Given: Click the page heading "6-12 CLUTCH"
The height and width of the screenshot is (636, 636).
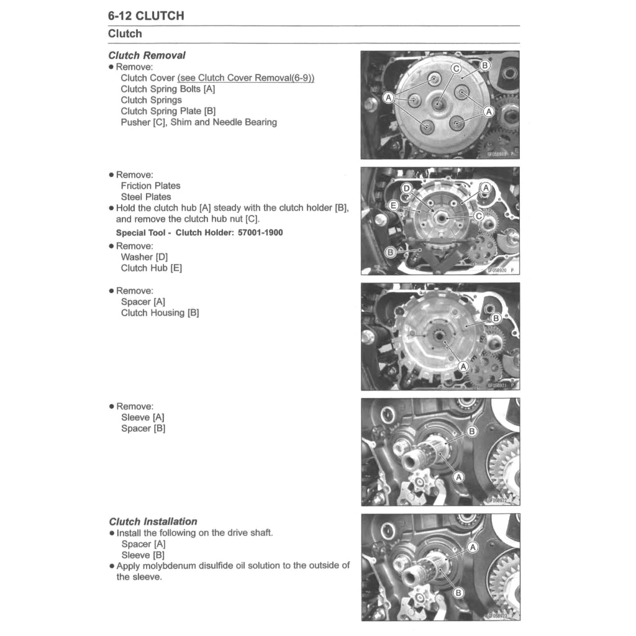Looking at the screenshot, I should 146,16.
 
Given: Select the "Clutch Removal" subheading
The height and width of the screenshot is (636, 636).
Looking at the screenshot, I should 147,55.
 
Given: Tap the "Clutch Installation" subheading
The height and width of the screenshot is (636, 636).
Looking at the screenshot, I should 153,522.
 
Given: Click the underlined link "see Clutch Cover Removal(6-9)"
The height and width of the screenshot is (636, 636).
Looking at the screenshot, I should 246,78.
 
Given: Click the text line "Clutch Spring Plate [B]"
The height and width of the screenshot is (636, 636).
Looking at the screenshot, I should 168,111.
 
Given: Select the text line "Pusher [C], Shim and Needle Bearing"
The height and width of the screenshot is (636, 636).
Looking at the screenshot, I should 199,122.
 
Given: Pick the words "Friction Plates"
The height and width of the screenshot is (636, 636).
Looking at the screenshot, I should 150,186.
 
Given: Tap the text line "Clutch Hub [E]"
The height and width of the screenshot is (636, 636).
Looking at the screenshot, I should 151,268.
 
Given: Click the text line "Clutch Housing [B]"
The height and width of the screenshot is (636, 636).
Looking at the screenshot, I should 160,313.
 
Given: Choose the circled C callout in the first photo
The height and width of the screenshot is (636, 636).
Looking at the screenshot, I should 456,68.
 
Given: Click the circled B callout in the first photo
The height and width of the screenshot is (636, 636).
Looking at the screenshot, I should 485,65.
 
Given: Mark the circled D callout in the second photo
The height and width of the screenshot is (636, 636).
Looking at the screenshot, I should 407,188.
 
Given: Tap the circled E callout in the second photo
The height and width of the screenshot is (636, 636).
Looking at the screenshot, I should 393,205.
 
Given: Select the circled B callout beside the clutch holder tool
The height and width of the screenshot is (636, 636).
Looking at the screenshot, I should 390,252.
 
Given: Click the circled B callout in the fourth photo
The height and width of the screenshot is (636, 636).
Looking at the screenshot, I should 472,431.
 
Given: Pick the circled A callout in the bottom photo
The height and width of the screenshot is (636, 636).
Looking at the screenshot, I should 473,547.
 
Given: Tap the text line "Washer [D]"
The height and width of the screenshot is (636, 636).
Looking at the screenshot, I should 144,257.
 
